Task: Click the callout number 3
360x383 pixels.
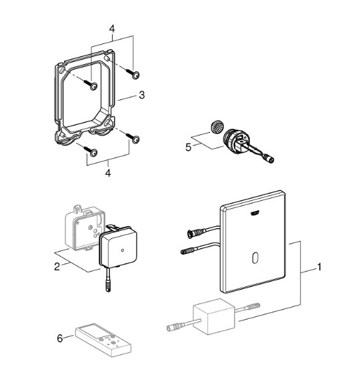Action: (x=142, y=95)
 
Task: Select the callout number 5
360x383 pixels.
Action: (x=188, y=147)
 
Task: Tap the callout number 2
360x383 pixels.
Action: (x=57, y=266)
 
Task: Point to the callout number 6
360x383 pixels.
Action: (x=60, y=338)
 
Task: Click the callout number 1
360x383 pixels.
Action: (x=319, y=267)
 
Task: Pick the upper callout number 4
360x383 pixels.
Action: (x=111, y=29)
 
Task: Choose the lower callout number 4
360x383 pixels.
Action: (x=108, y=173)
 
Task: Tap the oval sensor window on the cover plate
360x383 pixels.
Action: (x=255, y=258)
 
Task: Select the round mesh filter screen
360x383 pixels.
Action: (x=215, y=127)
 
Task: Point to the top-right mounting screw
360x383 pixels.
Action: (x=133, y=73)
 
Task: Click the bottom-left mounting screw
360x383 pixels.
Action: (x=90, y=151)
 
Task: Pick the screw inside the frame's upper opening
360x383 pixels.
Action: (x=90, y=84)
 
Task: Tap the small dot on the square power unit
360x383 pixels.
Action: (x=123, y=250)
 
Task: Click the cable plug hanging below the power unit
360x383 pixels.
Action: (x=108, y=284)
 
